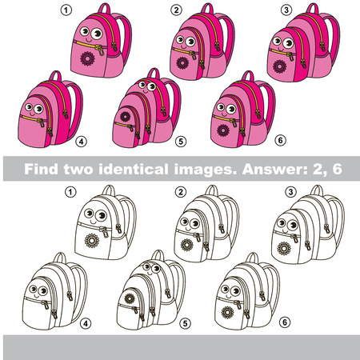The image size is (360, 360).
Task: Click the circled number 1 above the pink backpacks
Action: [x=66, y=10]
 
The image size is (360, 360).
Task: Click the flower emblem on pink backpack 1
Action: [x=90, y=58]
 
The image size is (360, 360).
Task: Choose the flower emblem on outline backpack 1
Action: [x=89, y=240]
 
